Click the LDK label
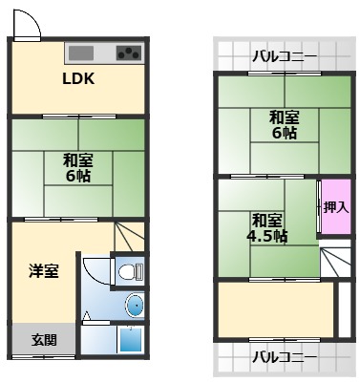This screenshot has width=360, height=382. point(78,79)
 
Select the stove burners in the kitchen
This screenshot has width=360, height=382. point(128,53)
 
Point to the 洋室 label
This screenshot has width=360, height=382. point(43,271)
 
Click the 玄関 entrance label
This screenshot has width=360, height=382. point(43,339)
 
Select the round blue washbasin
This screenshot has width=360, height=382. point(135,307)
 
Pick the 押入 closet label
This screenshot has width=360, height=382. point(334,205)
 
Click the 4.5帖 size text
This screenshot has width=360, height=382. point(266,236)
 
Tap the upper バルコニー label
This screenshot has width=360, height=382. point(285,56)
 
